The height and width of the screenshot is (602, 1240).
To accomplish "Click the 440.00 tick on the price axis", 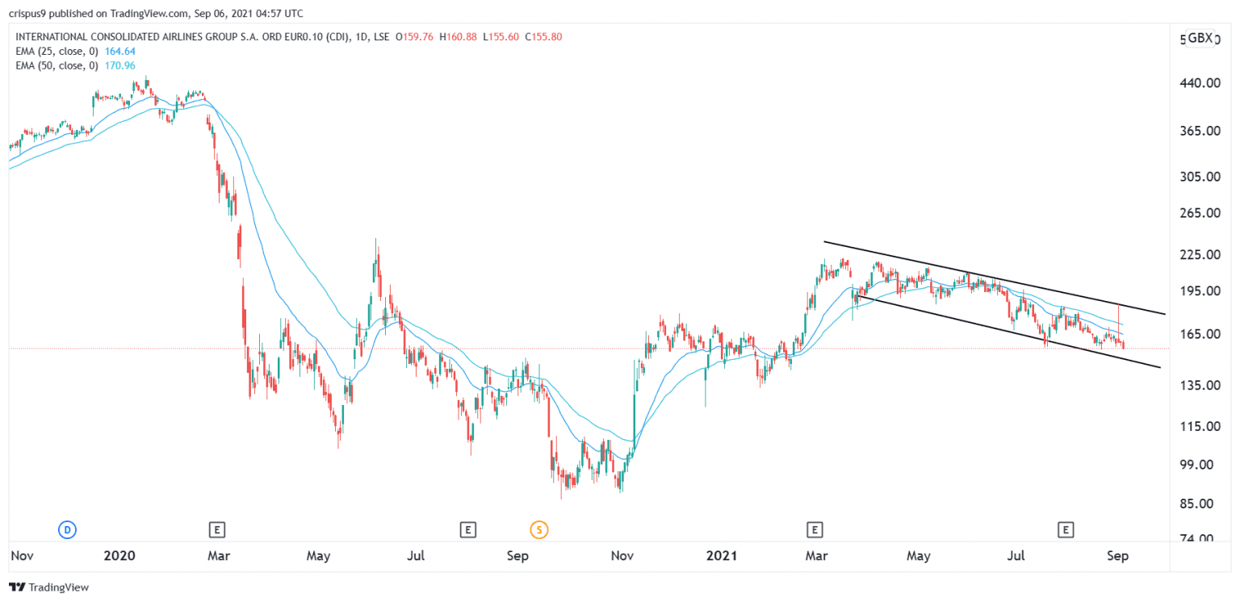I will point(1200,84).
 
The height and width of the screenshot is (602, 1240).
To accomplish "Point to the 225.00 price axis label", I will point(1200,255).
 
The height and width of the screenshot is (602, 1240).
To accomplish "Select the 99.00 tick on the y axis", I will point(1200,465).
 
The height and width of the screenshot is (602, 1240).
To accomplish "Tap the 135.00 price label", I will point(1200,386).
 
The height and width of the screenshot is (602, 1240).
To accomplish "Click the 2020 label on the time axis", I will point(119,556).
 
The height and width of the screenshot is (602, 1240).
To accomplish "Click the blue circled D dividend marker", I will point(68,530).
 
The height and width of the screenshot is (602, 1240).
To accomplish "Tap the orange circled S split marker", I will point(538,530).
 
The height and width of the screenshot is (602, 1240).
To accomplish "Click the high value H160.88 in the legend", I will point(458,36).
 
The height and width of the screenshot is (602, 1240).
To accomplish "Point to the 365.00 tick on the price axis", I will point(1200,131).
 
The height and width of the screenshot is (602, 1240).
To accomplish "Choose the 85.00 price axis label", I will point(1200,504).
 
